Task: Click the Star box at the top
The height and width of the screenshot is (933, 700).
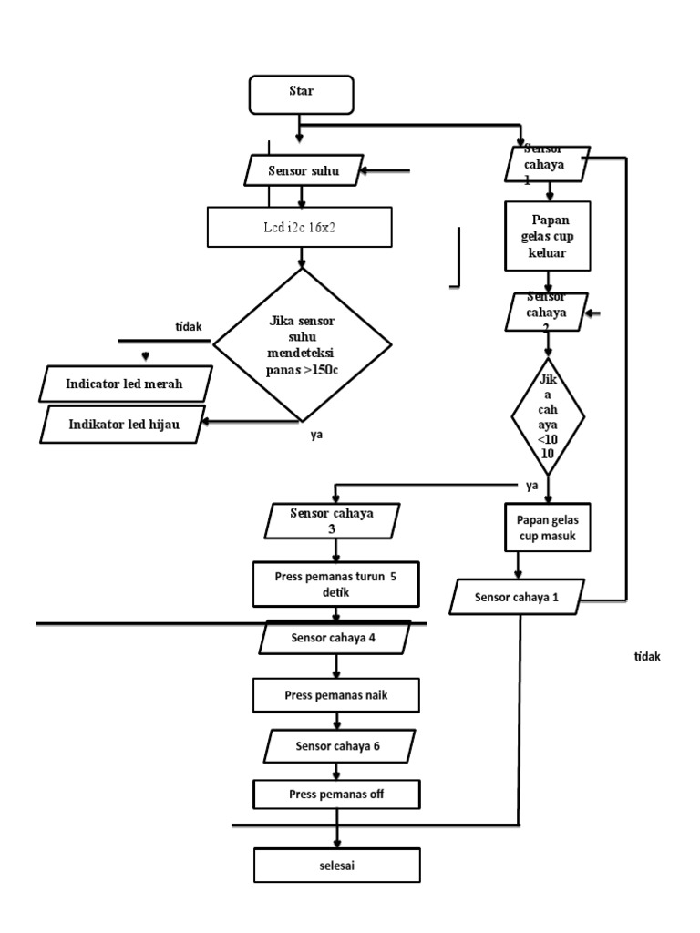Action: (x=302, y=91)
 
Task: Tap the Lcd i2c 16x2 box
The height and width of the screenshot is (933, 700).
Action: (x=302, y=227)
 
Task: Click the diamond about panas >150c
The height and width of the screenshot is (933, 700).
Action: (x=302, y=343)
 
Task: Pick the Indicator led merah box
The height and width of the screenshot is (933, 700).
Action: (x=125, y=384)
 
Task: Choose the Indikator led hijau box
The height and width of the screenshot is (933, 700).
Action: (x=125, y=424)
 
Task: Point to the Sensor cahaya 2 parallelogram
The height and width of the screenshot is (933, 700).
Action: (x=547, y=312)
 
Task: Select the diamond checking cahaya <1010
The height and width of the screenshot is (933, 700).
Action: (x=547, y=414)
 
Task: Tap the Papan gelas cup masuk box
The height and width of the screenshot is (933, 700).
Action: (x=547, y=526)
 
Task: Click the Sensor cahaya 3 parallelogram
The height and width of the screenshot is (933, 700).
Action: (x=337, y=520)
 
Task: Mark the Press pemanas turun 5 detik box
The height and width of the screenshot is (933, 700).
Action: (x=335, y=584)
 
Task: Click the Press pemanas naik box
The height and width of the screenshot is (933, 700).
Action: (x=337, y=697)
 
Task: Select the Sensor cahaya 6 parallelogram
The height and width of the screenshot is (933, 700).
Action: (x=337, y=746)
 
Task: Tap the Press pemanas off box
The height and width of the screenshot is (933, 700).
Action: (x=337, y=794)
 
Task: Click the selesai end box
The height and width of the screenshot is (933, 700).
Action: (x=337, y=865)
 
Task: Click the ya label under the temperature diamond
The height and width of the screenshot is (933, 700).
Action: (x=316, y=435)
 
